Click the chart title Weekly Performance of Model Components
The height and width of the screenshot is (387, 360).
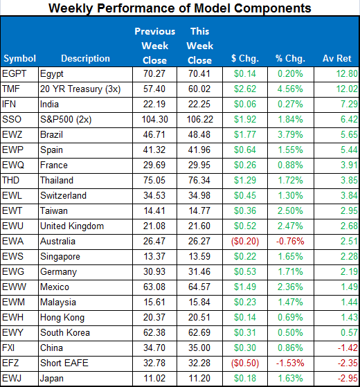[180, 8]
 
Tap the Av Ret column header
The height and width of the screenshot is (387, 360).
[336, 58]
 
